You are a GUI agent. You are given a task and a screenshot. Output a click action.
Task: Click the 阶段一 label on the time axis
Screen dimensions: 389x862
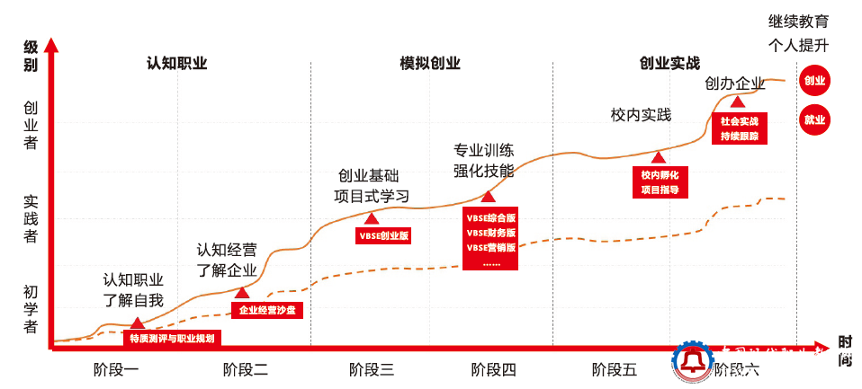(x=116, y=368)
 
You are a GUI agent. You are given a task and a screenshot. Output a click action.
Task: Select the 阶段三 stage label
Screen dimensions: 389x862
(x=372, y=368)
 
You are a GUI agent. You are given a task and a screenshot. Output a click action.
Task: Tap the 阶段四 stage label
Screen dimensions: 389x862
(x=494, y=368)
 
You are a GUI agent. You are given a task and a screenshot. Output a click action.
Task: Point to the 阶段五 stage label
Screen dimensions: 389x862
(x=615, y=368)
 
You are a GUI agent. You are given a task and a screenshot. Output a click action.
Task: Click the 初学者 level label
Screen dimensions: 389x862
(x=31, y=308)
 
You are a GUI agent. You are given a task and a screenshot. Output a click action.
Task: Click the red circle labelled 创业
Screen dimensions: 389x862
(x=814, y=80)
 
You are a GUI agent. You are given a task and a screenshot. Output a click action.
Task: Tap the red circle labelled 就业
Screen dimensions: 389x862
(x=814, y=119)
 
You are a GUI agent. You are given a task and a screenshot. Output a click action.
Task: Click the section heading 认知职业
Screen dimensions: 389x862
(x=177, y=63)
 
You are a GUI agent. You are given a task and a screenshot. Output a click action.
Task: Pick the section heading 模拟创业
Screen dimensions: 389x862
(x=430, y=63)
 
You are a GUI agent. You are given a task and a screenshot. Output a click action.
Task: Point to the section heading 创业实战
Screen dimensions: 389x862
(x=669, y=63)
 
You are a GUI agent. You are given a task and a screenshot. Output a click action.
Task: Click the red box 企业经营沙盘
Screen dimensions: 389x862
(x=266, y=310)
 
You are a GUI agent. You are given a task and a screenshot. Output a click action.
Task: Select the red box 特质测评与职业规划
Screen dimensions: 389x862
(x=171, y=339)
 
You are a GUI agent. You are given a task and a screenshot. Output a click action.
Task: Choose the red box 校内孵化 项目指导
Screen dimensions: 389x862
(x=660, y=181)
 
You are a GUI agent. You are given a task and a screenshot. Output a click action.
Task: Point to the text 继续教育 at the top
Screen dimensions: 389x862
(x=798, y=20)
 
